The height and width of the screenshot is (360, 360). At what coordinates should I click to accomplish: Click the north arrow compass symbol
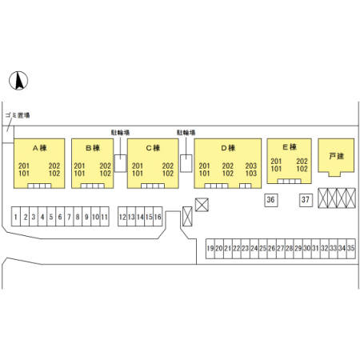click(x=18, y=81)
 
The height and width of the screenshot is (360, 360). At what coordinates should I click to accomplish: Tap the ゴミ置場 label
click(x=18, y=115)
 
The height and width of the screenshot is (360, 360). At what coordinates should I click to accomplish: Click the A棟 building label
click(x=40, y=148)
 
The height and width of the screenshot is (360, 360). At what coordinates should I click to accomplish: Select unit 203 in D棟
click(x=251, y=166)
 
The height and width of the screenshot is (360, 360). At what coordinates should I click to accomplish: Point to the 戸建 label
click(x=336, y=156)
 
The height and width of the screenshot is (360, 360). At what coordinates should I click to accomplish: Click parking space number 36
click(x=270, y=200)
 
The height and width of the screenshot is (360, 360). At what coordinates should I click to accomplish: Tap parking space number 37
click(x=306, y=200)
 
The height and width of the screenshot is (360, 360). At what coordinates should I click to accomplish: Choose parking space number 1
click(x=16, y=217)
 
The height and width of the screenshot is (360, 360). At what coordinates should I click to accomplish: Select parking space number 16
click(x=158, y=217)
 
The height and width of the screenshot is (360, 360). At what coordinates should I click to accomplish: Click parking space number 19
click(x=210, y=249)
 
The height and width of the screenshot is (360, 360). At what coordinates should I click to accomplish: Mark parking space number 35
click(x=351, y=249)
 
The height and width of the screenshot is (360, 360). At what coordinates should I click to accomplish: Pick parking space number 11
click(x=104, y=217)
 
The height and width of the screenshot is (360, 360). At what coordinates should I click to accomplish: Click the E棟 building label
click(x=290, y=147)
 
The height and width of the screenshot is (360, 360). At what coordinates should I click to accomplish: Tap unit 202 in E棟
click(x=302, y=162)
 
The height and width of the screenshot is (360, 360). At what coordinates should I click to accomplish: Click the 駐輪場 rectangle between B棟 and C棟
click(x=120, y=163)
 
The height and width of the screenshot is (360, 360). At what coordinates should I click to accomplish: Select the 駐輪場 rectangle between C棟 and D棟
click(x=186, y=163)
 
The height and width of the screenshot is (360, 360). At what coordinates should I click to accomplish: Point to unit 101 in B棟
click(x=79, y=174)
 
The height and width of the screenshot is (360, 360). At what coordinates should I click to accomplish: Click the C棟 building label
click(x=153, y=148)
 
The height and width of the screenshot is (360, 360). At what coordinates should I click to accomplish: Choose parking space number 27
click(x=281, y=249)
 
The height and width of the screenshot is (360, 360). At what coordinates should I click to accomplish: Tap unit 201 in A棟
click(x=24, y=166)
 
